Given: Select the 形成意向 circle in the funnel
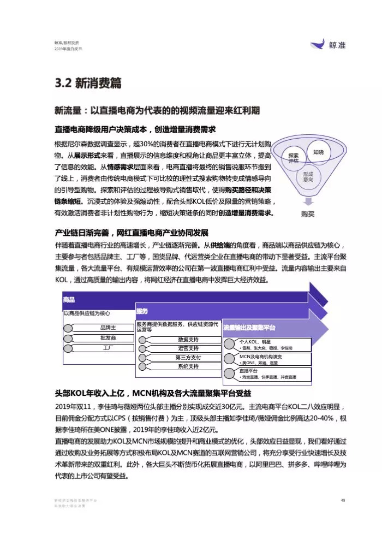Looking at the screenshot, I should pos(308,176).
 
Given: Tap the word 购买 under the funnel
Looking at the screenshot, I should pos(308,214).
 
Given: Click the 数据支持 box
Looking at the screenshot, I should pos(188,339).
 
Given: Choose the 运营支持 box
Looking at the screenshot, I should pos(188,348).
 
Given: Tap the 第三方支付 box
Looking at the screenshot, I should pos(188,357).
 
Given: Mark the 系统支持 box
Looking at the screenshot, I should pos(188,366).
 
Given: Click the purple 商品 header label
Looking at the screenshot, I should pos(69,300).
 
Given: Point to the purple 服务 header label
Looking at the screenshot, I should pos(142,311).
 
